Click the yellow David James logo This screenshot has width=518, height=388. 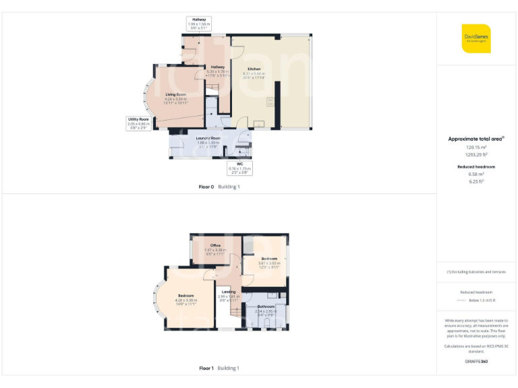[476, 38]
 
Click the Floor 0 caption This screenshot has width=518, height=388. [206, 187]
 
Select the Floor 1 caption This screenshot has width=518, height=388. [206, 368]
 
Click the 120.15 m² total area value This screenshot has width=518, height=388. [476, 147]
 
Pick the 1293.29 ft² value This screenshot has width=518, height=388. [476, 154]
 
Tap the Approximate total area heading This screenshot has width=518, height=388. [476, 139]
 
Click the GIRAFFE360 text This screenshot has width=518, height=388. [476, 362]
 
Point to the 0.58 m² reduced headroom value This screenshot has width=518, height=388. [476, 174]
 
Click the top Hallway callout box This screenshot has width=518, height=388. [199, 24]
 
